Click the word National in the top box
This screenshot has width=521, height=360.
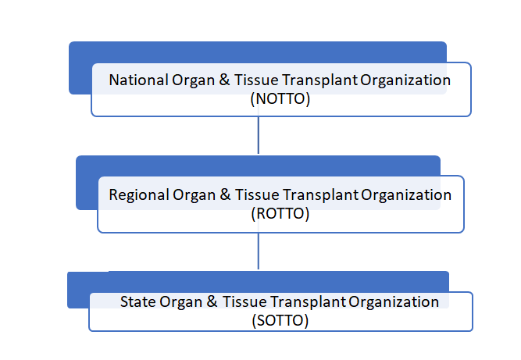click(x=138, y=80)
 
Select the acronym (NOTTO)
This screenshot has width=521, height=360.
click(x=280, y=99)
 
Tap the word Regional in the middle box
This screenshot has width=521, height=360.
click(x=139, y=195)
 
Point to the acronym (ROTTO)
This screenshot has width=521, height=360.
click(x=280, y=213)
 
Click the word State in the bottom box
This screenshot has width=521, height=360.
click(x=138, y=302)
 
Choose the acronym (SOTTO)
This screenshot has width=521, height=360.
click(x=280, y=320)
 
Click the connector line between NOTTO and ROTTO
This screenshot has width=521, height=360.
click(x=259, y=135)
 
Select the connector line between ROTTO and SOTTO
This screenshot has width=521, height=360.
click(x=259, y=251)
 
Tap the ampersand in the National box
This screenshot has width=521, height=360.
click(x=224, y=80)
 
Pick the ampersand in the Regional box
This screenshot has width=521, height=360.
click(x=225, y=195)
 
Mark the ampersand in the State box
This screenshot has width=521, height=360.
click(x=212, y=302)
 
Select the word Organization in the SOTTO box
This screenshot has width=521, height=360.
click(x=394, y=302)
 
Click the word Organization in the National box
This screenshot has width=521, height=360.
click(x=405, y=80)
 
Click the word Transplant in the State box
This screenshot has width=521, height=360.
click(x=308, y=302)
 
